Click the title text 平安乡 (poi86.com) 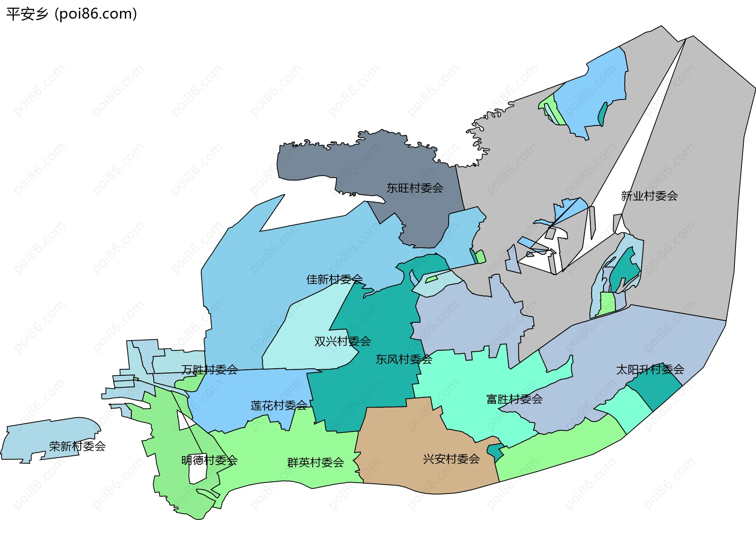pos(72,14)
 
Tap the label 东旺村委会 pos(415,188)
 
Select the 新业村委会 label pos(649,196)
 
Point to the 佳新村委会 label pos(334,279)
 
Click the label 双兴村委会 pos(343,341)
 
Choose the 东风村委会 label pos(404,359)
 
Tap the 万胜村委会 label pos(209,370)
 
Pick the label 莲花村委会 pos(279,405)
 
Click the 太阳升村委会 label pos(650,369)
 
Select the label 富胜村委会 pos(514,400)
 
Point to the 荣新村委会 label pos(77,446)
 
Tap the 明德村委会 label pos(209,460)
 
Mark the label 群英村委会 pos(315,462)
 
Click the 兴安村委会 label pos(451,459)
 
